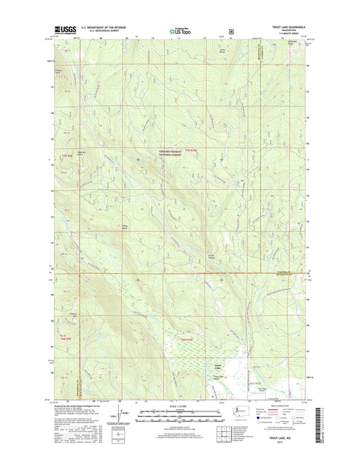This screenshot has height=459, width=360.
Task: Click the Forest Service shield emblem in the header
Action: click(232, 30)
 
